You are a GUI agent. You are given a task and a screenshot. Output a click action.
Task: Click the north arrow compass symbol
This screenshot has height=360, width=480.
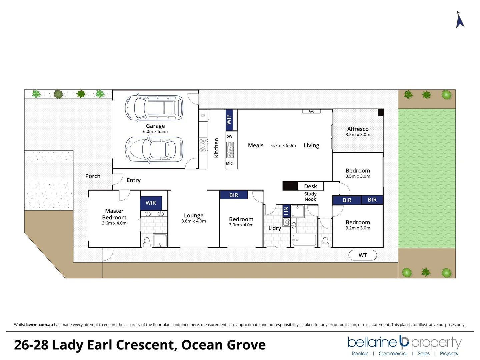[460, 20]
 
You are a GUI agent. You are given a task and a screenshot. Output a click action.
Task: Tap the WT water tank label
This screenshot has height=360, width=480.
[363, 255]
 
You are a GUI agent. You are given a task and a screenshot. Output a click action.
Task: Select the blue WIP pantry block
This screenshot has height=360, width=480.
[229, 120]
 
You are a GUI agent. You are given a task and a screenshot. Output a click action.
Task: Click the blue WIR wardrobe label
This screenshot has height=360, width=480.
[151, 203]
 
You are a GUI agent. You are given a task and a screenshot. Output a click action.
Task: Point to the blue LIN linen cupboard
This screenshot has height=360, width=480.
[286, 211]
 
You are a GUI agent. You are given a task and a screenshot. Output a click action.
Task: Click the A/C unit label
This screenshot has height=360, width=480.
[311, 111]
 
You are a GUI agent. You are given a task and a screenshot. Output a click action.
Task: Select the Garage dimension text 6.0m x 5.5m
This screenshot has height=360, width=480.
[155, 132]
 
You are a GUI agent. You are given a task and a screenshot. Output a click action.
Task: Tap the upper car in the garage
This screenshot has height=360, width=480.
[154, 108]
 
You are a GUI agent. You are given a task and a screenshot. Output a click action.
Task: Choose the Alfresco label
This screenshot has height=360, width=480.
[358, 129]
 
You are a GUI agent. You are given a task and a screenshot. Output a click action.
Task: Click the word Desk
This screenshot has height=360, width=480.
[310, 186]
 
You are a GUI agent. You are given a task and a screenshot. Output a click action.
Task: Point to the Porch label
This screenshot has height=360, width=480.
[93, 176]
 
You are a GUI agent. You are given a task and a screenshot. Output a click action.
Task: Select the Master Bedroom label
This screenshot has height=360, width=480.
[114, 214]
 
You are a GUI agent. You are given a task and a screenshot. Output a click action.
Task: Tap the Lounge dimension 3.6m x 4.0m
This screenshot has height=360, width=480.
[194, 221]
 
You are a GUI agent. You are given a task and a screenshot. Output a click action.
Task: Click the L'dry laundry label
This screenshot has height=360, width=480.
[275, 228]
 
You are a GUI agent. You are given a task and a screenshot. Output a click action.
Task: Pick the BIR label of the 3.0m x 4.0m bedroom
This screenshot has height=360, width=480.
[234, 195]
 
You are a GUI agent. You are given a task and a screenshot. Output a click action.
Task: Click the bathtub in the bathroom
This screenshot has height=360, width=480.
[304, 240]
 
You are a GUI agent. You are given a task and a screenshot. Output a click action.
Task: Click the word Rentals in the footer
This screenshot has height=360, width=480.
[360, 353]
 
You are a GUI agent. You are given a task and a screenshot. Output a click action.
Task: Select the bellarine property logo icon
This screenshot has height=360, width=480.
[404, 341]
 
